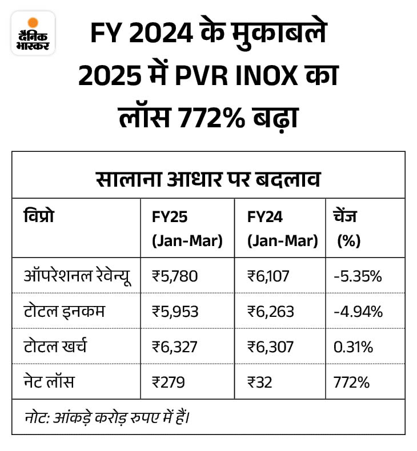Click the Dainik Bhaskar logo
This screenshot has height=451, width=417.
[x=33, y=33]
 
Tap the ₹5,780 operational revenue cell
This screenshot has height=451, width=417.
[x=175, y=276]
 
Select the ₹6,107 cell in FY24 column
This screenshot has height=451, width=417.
[x=268, y=276]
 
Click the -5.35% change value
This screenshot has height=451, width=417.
[x=357, y=276]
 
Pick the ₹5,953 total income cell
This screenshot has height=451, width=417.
[x=175, y=312]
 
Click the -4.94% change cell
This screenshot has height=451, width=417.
[x=358, y=312]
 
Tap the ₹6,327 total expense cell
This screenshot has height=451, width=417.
[x=175, y=347]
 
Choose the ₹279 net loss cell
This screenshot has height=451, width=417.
[x=169, y=382]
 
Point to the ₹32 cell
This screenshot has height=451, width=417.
[x=260, y=382]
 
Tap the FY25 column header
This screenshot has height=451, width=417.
[x=186, y=229]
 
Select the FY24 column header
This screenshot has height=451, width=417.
[x=282, y=229]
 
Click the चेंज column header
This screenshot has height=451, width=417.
[x=348, y=229]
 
